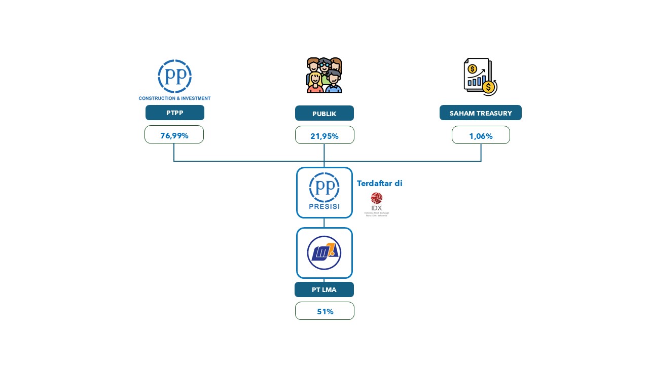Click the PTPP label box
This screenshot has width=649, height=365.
coord(174,113)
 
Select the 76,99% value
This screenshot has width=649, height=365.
coord(174,135)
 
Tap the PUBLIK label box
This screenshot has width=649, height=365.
coord(324,113)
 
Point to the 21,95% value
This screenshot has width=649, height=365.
coord(324,135)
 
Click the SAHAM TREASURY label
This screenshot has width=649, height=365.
coord(480,113)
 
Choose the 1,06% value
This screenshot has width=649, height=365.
coord(481,135)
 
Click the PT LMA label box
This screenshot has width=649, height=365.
coord(324,289)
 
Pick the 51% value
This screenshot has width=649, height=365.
coord(324,311)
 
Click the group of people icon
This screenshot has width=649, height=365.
coord(324,75)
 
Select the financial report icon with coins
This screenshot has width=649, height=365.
coord(481,77)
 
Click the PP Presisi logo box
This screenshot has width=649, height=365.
coord(324,193)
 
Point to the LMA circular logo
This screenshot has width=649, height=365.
coord(324,253)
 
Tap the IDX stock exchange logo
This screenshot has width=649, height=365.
coord(377,204)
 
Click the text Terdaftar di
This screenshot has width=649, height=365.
coord(379,184)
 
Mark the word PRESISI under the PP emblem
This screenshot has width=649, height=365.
coord(324,207)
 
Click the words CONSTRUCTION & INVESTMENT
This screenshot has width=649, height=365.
coord(174,98)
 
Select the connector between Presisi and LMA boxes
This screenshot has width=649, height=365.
coord(324,223)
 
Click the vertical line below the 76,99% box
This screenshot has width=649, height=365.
coord(174,152)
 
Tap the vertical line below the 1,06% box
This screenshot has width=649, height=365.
coord(481,153)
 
